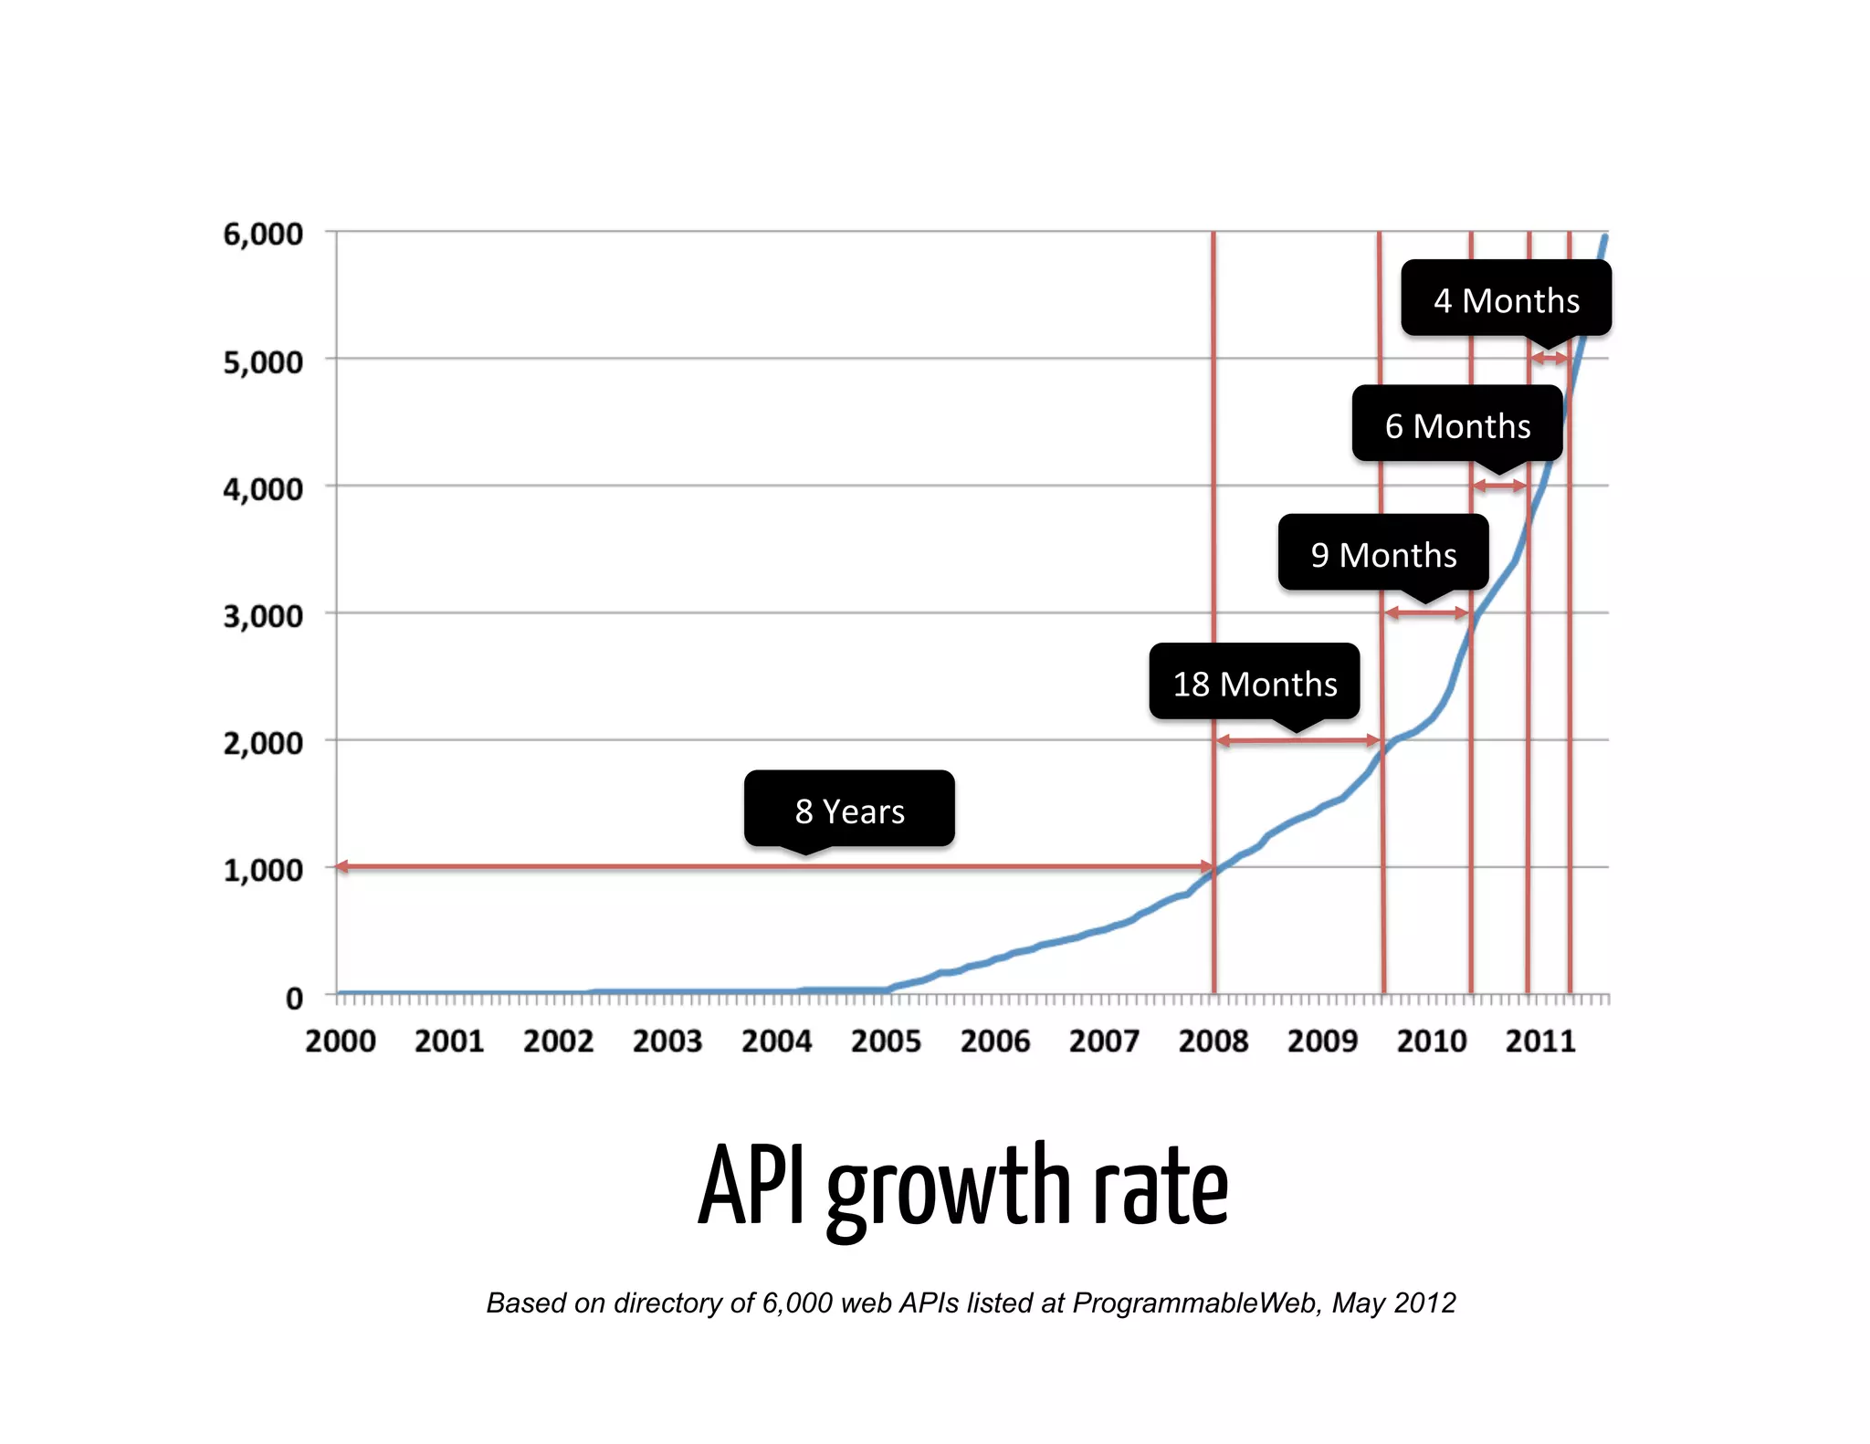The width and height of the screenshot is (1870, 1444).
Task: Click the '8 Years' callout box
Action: (849, 810)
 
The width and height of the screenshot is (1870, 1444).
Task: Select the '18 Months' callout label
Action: (1254, 683)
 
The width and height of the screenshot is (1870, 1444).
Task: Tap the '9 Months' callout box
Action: (1382, 554)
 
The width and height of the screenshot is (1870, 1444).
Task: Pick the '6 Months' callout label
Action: (1457, 425)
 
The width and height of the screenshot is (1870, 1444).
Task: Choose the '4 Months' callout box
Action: (1506, 299)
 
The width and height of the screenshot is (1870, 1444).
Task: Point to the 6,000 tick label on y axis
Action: (263, 235)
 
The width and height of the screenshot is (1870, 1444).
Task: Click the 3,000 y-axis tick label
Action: (263, 616)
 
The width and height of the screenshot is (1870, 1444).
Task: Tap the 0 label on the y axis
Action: (294, 998)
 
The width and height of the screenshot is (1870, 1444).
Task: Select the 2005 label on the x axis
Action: (886, 1041)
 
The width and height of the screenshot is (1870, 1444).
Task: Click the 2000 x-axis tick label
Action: (340, 1041)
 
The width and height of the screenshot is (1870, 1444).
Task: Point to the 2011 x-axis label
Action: (1540, 1041)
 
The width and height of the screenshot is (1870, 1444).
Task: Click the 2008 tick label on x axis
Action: (1213, 1041)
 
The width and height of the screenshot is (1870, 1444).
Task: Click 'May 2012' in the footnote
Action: (1393, 1303)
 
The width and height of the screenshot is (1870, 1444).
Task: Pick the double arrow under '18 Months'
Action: (1297, 740)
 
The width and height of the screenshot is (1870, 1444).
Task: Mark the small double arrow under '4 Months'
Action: (1550, 359)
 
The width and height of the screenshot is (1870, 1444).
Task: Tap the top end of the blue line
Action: (1604, 238)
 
